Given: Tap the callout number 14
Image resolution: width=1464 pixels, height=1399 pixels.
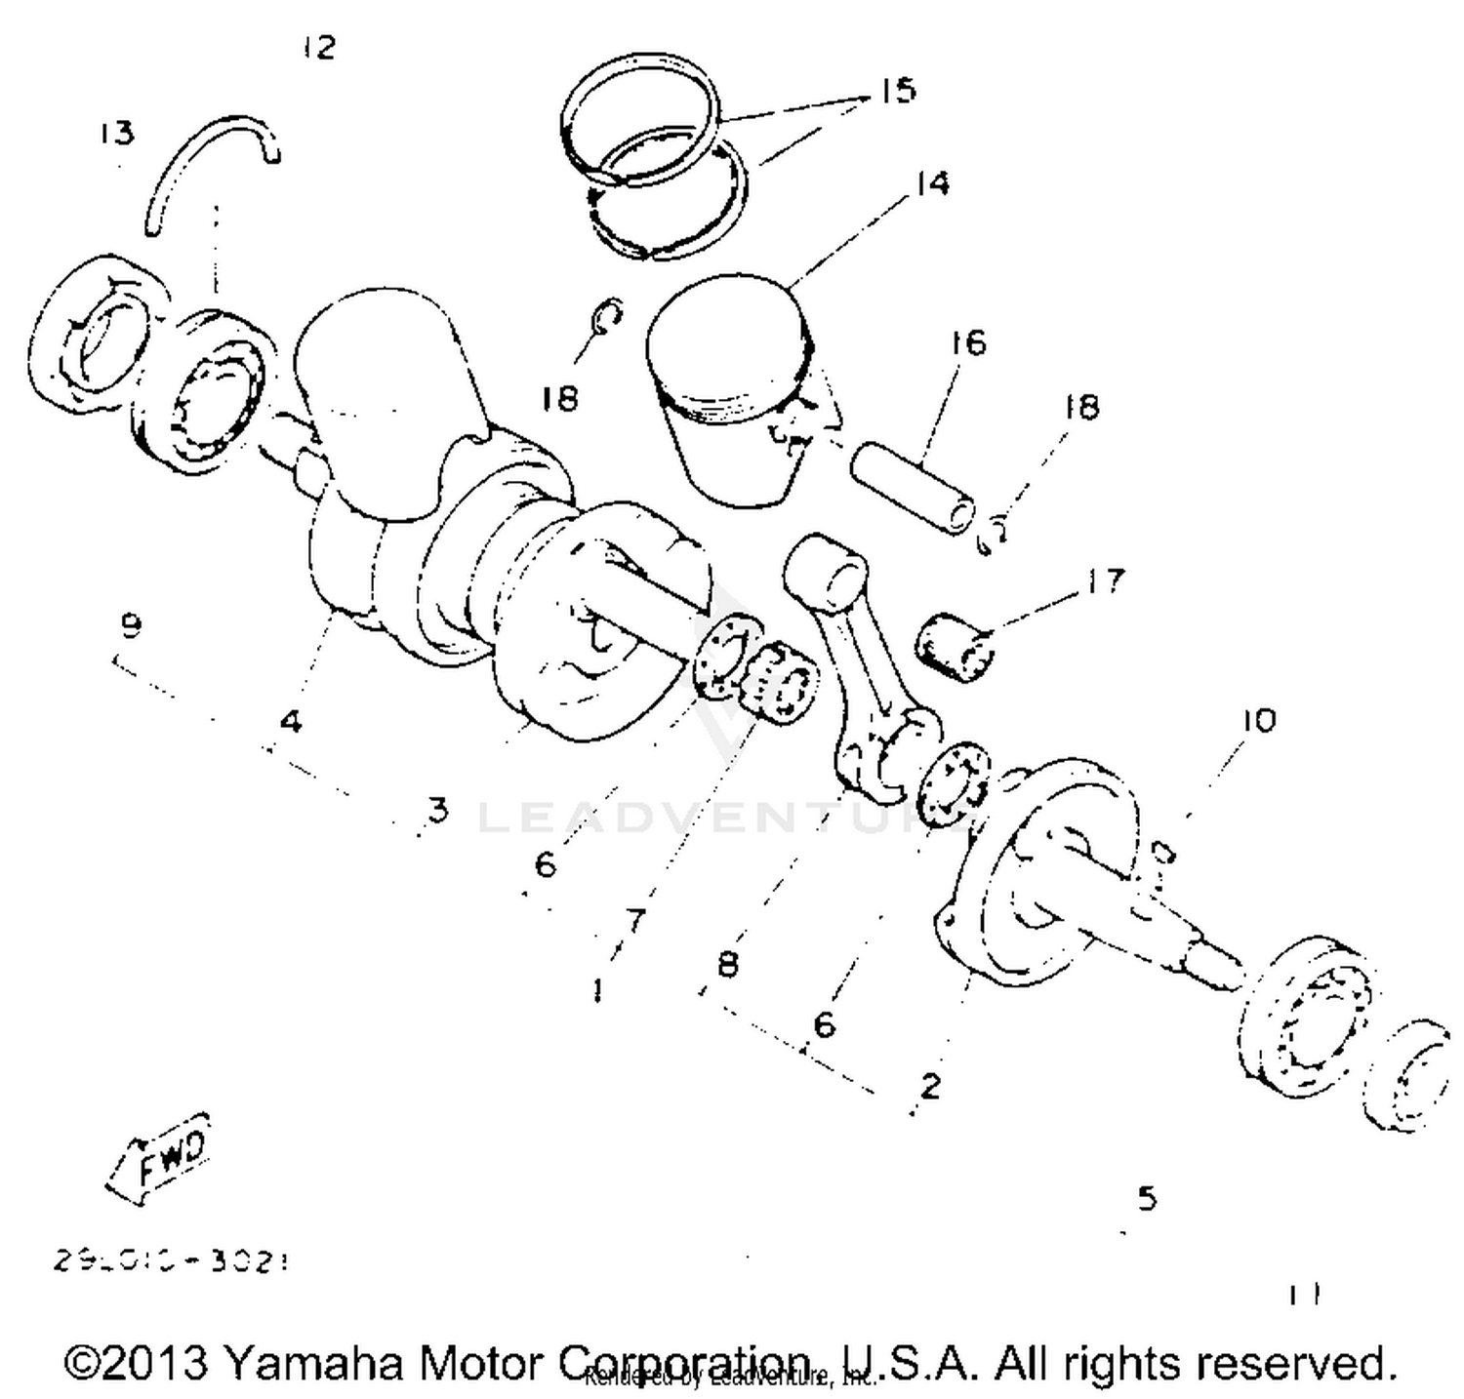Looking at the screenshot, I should (932, 182).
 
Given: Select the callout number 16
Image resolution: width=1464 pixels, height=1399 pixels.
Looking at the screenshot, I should (967, 342).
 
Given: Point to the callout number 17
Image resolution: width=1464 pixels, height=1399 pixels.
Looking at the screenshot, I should (1105, 581).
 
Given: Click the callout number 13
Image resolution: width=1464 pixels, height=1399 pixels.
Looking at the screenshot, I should (116, 132).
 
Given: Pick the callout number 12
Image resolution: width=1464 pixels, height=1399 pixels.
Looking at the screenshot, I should (318, 47).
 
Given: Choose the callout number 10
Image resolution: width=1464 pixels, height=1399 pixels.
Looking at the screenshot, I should (1258, 721).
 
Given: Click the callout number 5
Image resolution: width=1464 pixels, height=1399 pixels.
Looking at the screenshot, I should (1147, 1197).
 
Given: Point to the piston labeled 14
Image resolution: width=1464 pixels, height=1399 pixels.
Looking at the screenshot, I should (731, 390).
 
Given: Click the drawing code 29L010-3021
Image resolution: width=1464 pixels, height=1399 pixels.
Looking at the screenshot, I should (172, 1260).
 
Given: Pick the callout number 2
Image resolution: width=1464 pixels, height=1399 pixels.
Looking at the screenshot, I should (929, 1085).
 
